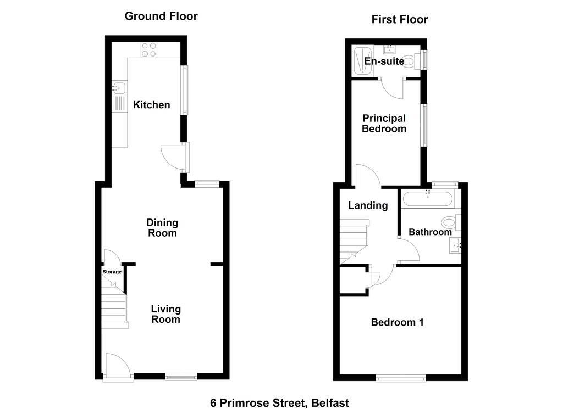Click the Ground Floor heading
(x=161, y=16)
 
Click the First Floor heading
(x=400, y=19)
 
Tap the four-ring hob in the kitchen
(x=149, y=50)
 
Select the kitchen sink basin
(x=119, y=88)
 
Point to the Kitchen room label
(x=152, y=105)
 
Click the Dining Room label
(x=162, y=228)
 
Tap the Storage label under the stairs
(x=112, y=272)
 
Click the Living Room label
(x=165, y=314)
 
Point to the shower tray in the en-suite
(x=363, y=61)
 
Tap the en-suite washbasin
(x=390, y=49)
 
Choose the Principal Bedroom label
(x=384, y=124)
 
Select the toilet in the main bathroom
(x=451, y=222)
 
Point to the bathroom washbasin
(x=455, y=245)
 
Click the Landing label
(x=368, y=205)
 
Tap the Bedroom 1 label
(x=397, y=322)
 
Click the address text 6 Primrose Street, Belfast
(x=280, y=403)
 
